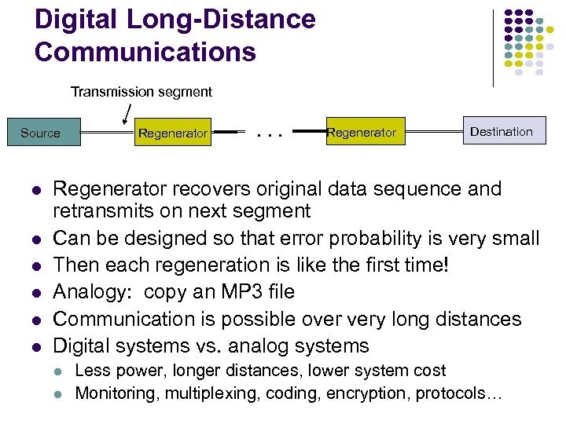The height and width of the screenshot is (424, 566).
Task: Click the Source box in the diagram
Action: [x=40, y=133]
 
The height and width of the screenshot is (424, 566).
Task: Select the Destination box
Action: [x=501, y=132]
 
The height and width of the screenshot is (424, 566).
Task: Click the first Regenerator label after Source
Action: [x=172, y=133]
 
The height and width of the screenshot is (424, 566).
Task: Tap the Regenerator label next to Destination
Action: [x=361, y=133]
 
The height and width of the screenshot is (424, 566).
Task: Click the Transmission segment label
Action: [x=141, y=92]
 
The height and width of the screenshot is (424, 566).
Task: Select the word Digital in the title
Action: [x=79, y=20]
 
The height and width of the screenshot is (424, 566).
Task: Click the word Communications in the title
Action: [x=145, y=52]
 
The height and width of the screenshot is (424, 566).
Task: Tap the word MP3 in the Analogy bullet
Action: [x=213, y=292]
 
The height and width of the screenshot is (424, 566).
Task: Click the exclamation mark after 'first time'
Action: [x=447, y=265]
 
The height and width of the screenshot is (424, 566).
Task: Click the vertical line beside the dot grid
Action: [x=493, y=47]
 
